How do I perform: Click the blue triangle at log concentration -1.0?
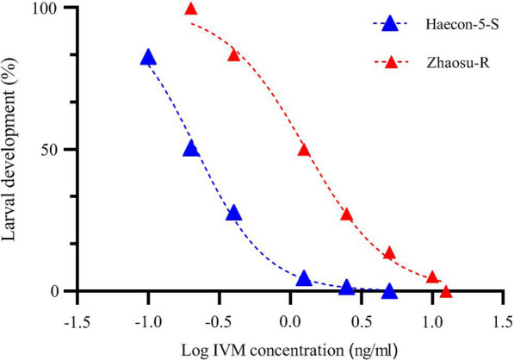click(x=148, y=58)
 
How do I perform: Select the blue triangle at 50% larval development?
click(x=191, y=149)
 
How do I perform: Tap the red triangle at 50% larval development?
click(x=304, y=150)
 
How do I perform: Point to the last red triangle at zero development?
click(x=446, y=292)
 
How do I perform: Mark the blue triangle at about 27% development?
click(x=233, y=214)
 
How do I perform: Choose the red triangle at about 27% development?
click(x=347, y=214)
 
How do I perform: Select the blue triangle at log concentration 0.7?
click(x=389, y=291)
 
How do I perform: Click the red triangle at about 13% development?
click(x=389, y=253)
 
